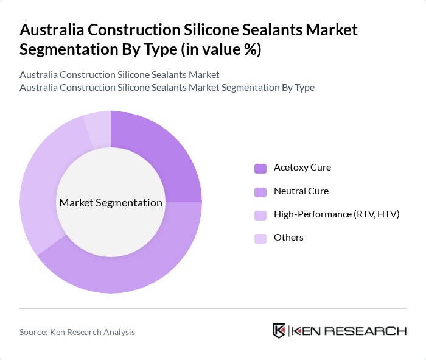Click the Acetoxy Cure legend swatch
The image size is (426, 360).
pos(260,168)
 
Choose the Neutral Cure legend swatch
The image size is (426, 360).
pos(260,192)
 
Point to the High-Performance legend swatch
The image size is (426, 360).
pos(260,215)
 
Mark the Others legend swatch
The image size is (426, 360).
pos(260,238)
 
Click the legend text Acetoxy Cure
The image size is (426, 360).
pos(302,168)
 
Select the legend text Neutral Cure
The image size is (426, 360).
pos(301,191)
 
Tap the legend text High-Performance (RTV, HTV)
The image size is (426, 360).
pos(337,214)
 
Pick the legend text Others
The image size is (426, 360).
pos(288,238)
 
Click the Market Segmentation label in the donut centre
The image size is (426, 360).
pos(111,203)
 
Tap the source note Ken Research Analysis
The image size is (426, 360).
pos(77,332)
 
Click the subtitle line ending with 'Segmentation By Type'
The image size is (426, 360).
pos(167,87)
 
